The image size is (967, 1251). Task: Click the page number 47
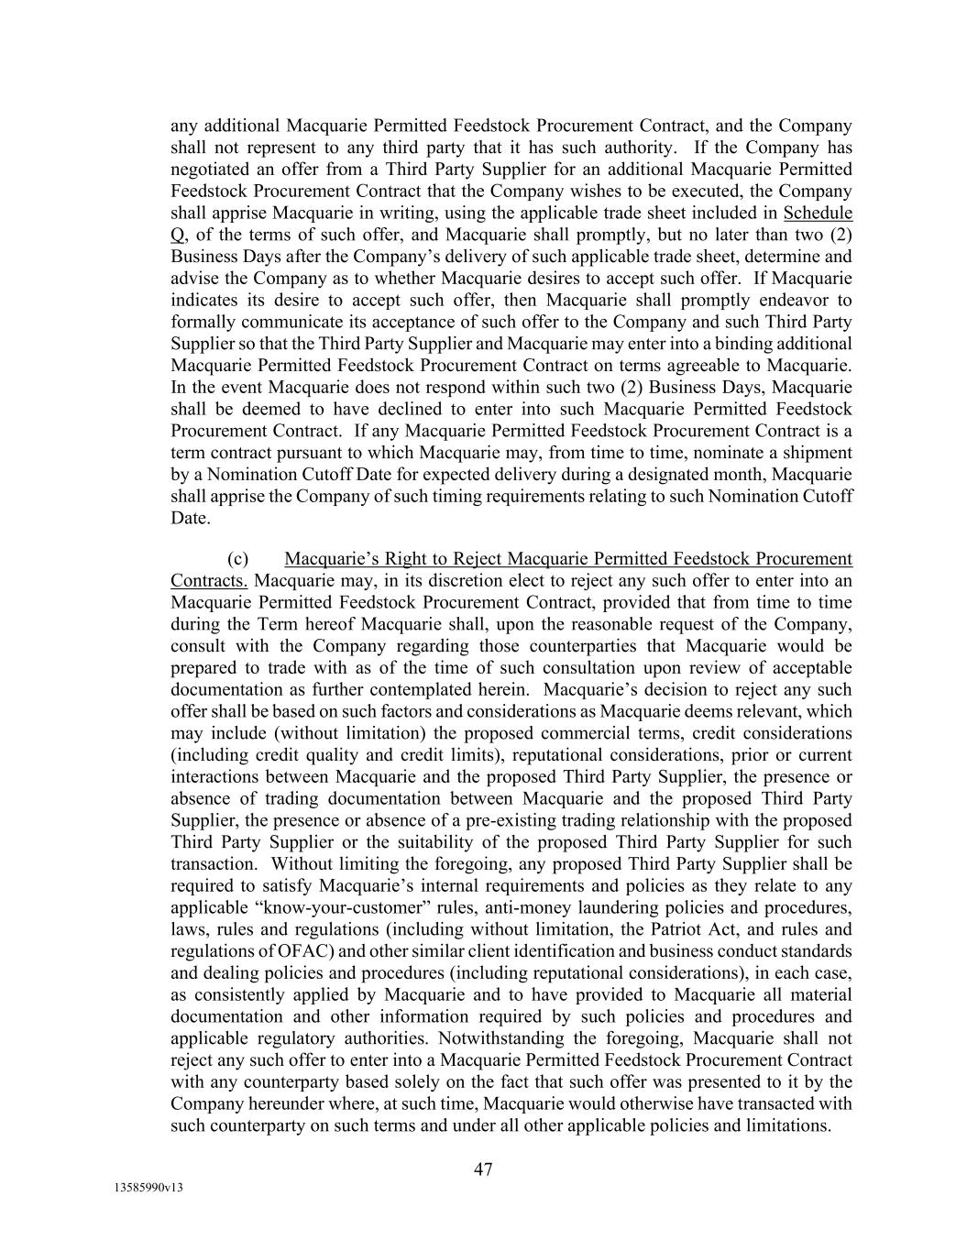[483, 1169]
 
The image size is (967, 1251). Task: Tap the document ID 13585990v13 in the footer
[148, 1189]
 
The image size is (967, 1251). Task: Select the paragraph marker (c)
[237, 559]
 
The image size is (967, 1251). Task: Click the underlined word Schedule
[818, 213]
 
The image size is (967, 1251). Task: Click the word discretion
[434, 581]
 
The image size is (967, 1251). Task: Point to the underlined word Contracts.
[209, 581]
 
